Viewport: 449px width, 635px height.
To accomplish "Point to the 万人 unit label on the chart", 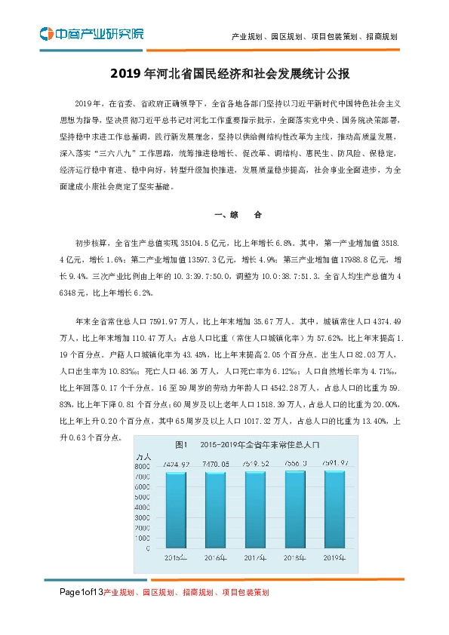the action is coord(143,457).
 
